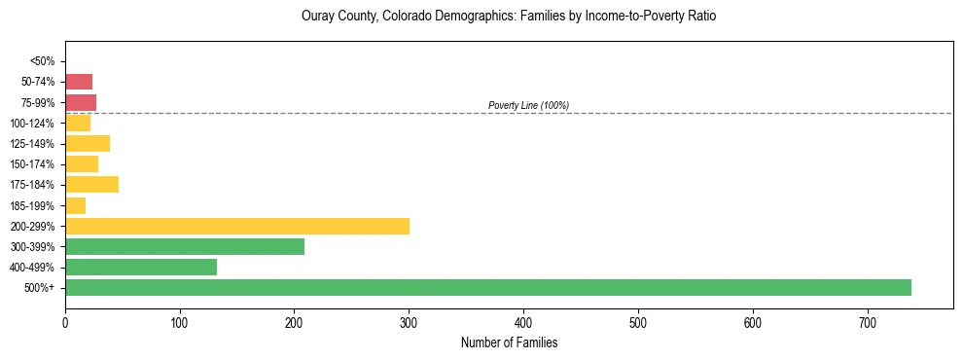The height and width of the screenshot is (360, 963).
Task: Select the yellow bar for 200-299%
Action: [x=237, y=226]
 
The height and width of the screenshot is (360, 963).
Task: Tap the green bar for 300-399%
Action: [x=185, y=246]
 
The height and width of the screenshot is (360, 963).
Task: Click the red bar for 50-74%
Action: [x=79, y=82]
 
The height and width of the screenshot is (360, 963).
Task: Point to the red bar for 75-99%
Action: [x=81, y=102]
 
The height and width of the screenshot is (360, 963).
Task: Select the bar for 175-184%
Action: [x=91, y=184]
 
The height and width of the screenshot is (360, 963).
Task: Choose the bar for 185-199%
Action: [x=76, y=205]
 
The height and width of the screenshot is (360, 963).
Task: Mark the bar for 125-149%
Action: [x=88, y=143]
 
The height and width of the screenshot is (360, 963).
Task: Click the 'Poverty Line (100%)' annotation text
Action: [x=528, y=105]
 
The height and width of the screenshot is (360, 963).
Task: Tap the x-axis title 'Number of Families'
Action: [x=509, y=343]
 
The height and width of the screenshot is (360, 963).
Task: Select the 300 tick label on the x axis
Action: [x=409, y=322]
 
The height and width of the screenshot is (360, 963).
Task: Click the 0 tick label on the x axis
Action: [x=65, y=322]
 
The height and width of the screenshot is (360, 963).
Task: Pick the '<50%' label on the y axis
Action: [x=42, y=61]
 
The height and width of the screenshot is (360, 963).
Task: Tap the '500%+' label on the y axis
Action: [x=40, y=288]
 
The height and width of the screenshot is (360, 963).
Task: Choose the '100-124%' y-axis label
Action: [x=33, y=124]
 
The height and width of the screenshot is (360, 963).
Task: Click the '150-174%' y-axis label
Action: [x=33, y=164]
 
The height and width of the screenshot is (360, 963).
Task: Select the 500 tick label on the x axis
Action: [x=638, y=322]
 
